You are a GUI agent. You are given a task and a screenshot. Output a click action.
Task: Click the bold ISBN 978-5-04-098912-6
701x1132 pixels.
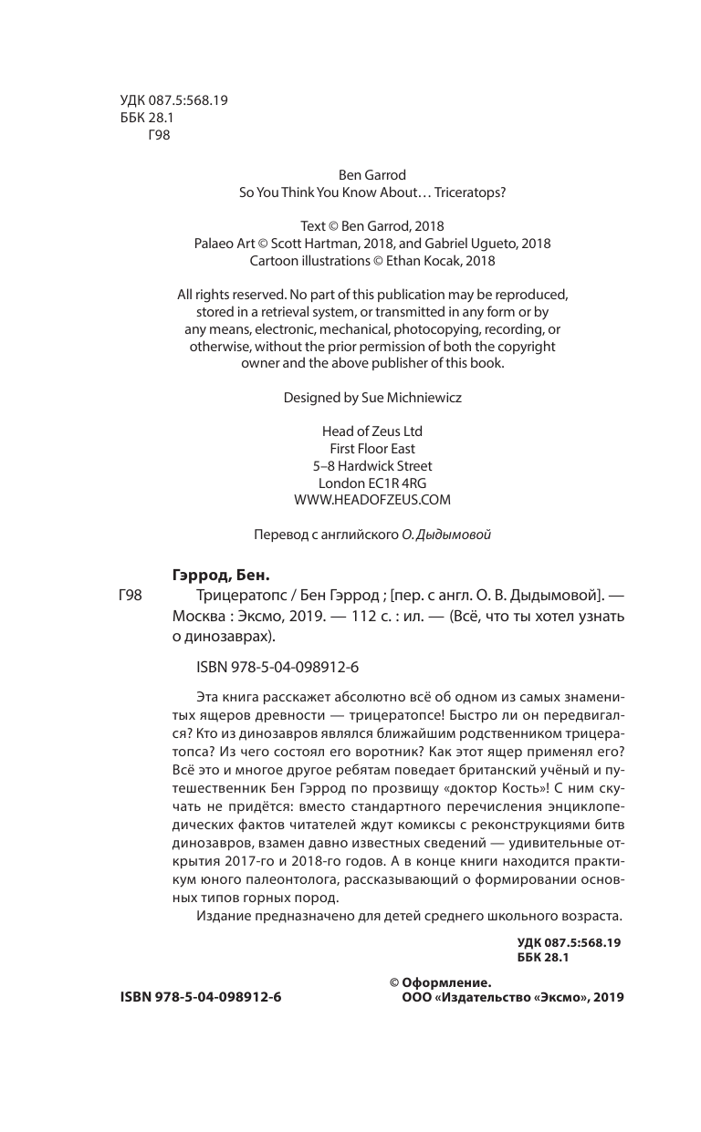201,998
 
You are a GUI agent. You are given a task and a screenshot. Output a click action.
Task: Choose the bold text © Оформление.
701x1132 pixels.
441,982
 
